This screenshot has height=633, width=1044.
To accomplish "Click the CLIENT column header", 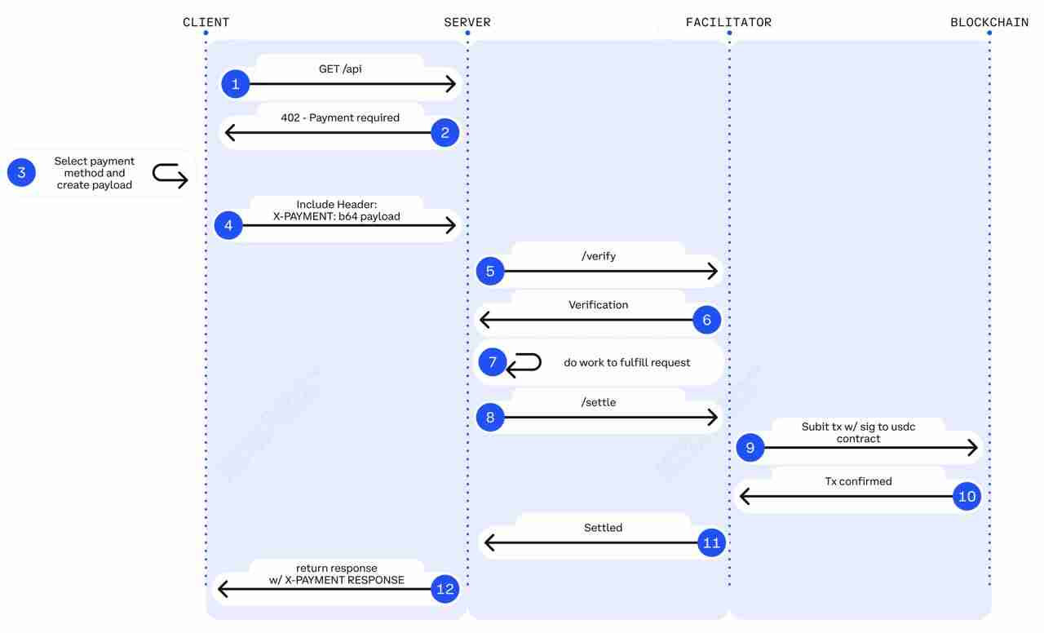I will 206,22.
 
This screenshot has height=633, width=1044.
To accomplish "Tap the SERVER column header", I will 467,22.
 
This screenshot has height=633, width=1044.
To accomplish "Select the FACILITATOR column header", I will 728,22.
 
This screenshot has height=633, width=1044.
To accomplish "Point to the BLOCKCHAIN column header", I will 989,22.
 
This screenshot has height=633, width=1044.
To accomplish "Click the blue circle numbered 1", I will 236,83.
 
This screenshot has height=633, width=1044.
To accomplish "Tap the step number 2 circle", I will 445,132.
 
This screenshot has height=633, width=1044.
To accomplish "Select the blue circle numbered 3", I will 21,172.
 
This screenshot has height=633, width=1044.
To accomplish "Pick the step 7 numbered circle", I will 492,361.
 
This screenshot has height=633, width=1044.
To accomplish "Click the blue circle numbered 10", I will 967,496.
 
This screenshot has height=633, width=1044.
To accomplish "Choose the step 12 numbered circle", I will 445,589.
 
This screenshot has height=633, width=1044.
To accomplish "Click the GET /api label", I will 340,69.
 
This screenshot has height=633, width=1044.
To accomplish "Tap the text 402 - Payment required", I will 340,117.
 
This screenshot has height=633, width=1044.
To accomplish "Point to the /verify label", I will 599,256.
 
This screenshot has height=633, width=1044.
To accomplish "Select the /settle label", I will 599,402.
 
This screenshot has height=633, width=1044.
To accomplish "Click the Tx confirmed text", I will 858,481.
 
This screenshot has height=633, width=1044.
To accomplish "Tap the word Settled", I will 603,528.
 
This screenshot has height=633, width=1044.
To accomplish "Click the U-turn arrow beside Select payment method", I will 170,175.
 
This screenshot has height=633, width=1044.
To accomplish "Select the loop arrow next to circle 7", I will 524,365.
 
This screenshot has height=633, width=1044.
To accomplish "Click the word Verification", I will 598,305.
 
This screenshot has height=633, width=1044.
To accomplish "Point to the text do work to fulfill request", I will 626,362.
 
